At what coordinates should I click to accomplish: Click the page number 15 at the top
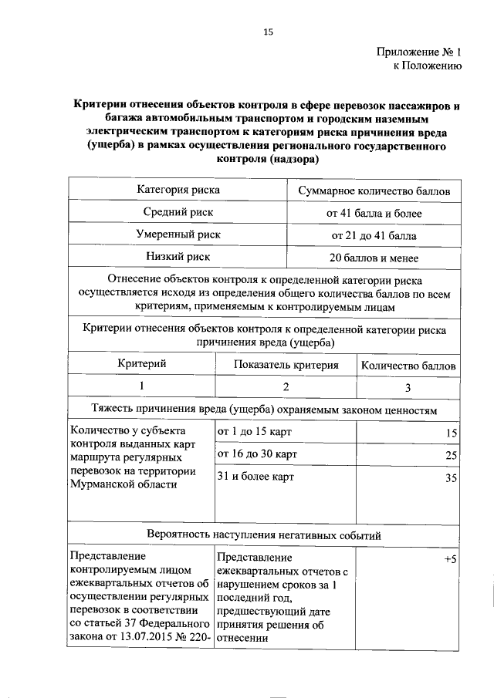point(268,32)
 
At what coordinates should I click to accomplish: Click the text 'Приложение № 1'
point(419,53)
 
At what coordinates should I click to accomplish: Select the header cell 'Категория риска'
point(178,190)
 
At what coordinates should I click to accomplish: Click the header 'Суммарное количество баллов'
point(374,190)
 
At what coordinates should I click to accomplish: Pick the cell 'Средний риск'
point(178,212)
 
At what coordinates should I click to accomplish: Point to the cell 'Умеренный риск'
point(178,234)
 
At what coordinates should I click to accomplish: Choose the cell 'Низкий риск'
point(178,257)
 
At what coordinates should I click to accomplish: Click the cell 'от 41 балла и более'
point(374,213)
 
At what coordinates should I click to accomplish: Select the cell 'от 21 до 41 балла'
point(374,235)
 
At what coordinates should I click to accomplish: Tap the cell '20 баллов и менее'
point(374,258)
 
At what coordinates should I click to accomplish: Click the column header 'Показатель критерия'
point(286,364)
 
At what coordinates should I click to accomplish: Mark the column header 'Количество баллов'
point(408,365)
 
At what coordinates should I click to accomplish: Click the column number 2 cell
point(286,386)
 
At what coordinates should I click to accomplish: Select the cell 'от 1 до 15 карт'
point(255,431)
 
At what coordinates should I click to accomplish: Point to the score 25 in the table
point(452,456)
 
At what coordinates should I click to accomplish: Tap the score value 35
point(452,479)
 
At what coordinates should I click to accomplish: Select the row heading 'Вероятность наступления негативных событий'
point(264,534)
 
